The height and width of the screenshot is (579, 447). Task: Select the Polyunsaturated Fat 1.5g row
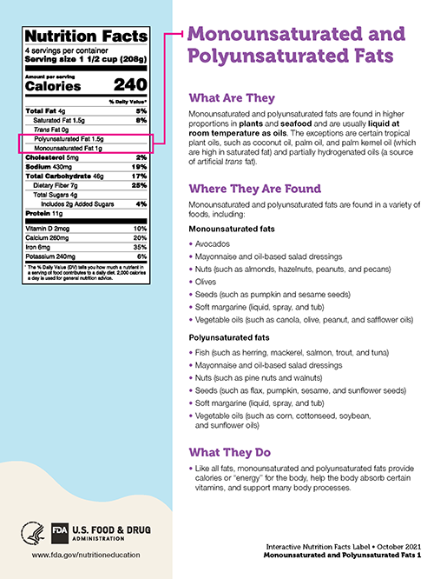(x=69, y=139)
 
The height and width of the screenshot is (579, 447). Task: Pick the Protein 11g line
(x=44, y=212)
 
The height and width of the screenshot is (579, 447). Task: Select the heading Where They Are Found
(x=254, y=189)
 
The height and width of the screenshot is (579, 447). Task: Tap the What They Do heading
(x=229, y=452)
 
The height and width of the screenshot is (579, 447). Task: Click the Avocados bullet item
(x=212, y=245)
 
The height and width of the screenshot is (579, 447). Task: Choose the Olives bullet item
(x=206, y=282)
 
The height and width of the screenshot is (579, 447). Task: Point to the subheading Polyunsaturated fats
(x=229, y=337)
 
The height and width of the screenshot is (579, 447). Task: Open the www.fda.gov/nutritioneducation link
(x=86, y=555)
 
